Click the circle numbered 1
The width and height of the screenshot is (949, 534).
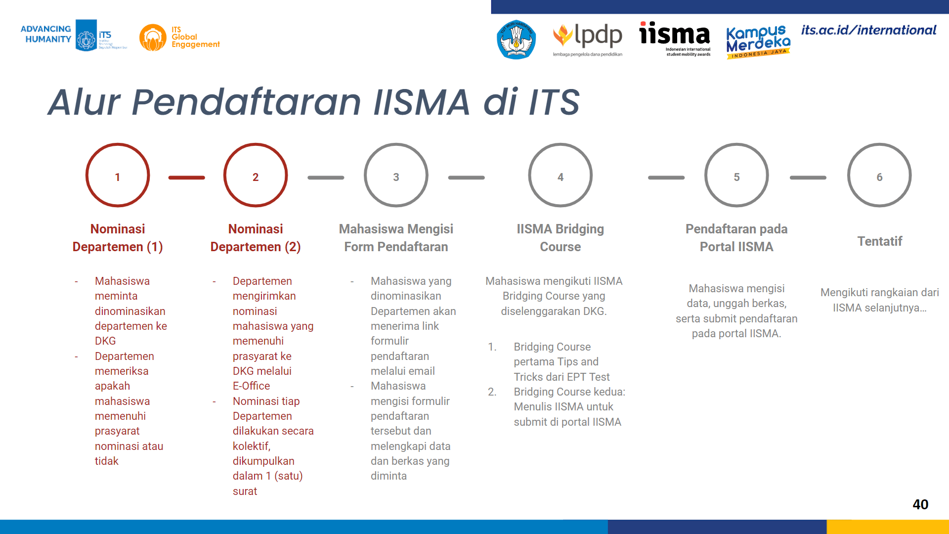(118, 144)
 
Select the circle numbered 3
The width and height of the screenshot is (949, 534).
(396, 144)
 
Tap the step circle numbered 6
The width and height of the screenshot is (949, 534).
(879, 144)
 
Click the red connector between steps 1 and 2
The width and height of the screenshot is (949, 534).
(186, 178)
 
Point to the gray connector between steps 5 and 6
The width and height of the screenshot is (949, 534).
(808, 178)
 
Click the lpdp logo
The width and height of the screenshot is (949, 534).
(587, 39)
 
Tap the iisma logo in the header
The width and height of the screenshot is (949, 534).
(675, 39)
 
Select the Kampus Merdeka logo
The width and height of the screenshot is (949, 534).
(758, 42)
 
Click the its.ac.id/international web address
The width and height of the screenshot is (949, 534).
(868, 30)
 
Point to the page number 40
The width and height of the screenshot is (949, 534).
(920, 504)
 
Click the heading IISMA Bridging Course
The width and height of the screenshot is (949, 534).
(560, 238)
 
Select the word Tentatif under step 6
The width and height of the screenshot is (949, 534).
(879, 241)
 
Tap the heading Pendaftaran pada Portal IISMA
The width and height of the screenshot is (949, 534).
(736, 238)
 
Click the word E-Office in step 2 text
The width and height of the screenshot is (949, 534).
(251, 386)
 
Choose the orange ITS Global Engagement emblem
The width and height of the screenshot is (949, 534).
(153, 38)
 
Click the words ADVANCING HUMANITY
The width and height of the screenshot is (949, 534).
(46, 34)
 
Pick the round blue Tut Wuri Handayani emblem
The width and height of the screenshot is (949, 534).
(516, 40)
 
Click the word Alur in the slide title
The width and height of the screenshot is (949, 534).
(84, 102)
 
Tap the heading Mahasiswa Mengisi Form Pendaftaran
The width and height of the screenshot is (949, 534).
(396, 238)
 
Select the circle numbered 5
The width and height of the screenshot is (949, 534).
(736, 144)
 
